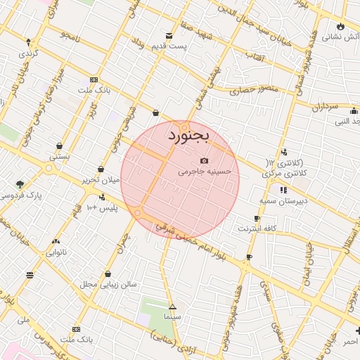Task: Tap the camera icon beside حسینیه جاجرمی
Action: [x=205, y=160]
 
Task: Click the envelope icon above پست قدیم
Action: [x=169, y=36]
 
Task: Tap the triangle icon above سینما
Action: [x=172, y=307]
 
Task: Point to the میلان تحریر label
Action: [x=101, y=180]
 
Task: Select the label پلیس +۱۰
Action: [x=101, y=208]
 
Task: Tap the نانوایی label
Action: [x=57, y=251]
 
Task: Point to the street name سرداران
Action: [x=324, y=107]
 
